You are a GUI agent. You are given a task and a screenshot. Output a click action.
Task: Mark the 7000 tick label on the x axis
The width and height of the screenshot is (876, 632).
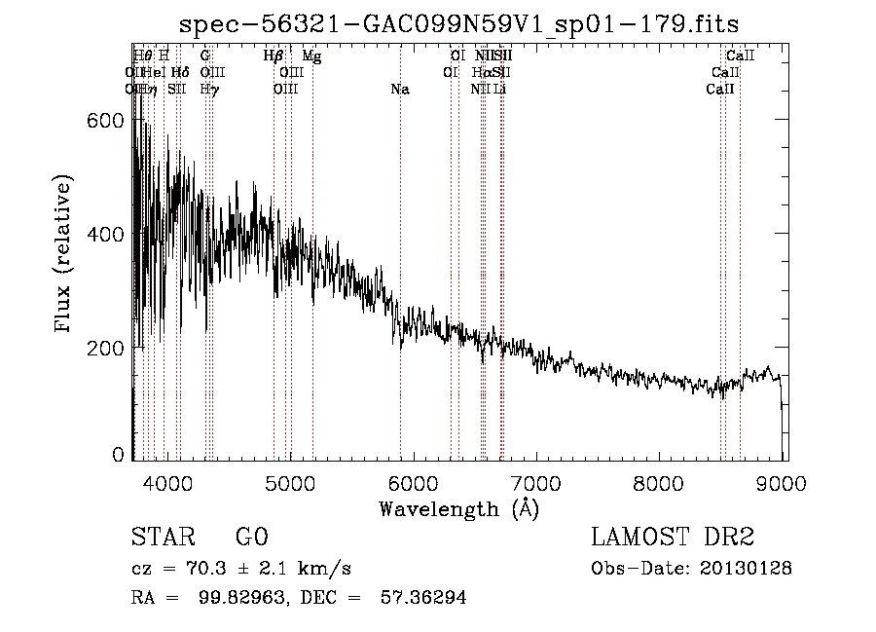coord(537,484)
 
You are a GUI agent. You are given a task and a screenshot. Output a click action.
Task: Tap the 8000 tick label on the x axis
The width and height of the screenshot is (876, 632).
coord(661,484)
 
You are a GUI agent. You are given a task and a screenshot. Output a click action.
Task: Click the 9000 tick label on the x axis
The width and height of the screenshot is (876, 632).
coord(784,484)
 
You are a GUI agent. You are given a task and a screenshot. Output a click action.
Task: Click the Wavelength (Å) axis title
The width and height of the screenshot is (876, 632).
coord(458,508)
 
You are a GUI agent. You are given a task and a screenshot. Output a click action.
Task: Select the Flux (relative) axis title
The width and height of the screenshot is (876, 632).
coord(65,255)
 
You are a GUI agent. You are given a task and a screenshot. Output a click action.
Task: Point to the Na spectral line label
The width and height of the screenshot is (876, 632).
coord(399,90)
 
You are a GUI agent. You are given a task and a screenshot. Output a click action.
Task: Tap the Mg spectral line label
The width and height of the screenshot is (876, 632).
coord(312,56)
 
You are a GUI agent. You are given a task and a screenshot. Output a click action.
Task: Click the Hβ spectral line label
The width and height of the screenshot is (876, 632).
coord(274,56)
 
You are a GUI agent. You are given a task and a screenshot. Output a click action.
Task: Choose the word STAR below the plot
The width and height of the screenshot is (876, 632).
coord(164,538)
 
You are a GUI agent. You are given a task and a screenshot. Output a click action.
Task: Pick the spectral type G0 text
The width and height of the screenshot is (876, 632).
coord(252,538)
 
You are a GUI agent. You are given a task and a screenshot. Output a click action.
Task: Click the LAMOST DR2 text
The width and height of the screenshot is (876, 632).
coord(673,538)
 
